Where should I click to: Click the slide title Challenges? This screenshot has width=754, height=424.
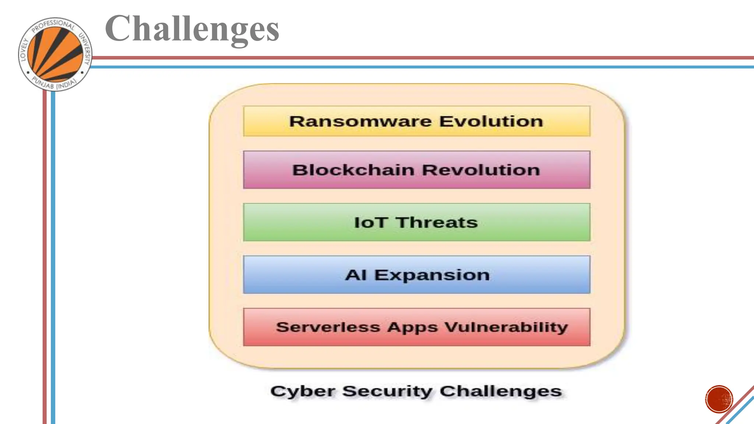192,29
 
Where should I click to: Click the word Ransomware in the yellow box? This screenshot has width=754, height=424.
360,121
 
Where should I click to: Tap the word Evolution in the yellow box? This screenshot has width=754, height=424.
491,121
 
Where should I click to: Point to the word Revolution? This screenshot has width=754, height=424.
481,170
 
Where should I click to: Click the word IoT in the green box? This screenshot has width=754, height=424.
370,223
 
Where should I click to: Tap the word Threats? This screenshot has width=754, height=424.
437,223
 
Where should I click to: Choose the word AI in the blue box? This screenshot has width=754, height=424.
355,275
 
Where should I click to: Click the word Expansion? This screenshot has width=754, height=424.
432,275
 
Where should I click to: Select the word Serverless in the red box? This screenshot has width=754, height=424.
328,327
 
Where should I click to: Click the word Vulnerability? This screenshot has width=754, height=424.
506,327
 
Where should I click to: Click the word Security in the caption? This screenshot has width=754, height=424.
387,392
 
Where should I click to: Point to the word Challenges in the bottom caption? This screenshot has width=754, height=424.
501,392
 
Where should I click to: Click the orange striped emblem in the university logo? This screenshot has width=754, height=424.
55,54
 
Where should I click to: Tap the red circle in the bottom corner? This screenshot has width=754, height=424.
719,399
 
